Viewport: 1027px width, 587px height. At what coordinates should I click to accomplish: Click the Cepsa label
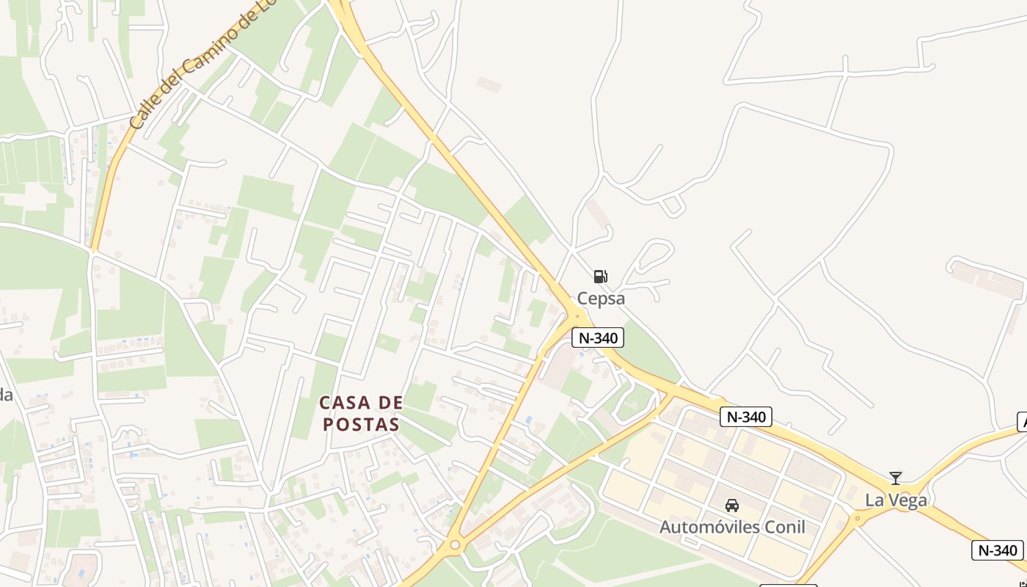[x=601, y=298]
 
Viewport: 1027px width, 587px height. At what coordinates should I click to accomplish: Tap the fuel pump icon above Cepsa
[x=600, y=277]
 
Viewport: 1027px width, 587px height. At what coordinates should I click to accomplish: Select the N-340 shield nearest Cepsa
[x=597, y=338]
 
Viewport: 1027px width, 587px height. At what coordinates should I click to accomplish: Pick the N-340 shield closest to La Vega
[x=997, y=550]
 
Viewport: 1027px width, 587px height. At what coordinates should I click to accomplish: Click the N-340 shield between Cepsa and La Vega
[x=745, y=417]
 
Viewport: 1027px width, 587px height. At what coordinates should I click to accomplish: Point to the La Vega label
[x=896, y=500]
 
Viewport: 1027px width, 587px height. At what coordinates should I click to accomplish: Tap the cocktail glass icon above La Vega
[x=895, y=478]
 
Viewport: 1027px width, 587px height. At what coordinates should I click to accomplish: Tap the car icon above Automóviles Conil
[x=731, y=506]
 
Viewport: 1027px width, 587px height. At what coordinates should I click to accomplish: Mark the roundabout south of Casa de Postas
[x=454, y=545]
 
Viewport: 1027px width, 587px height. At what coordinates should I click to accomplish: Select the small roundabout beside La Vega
[x=857, y=519]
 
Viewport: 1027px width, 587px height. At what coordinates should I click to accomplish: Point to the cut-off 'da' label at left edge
[x=6, y=395]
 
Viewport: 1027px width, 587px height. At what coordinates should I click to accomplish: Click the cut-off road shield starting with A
[x=1022, y=422]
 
